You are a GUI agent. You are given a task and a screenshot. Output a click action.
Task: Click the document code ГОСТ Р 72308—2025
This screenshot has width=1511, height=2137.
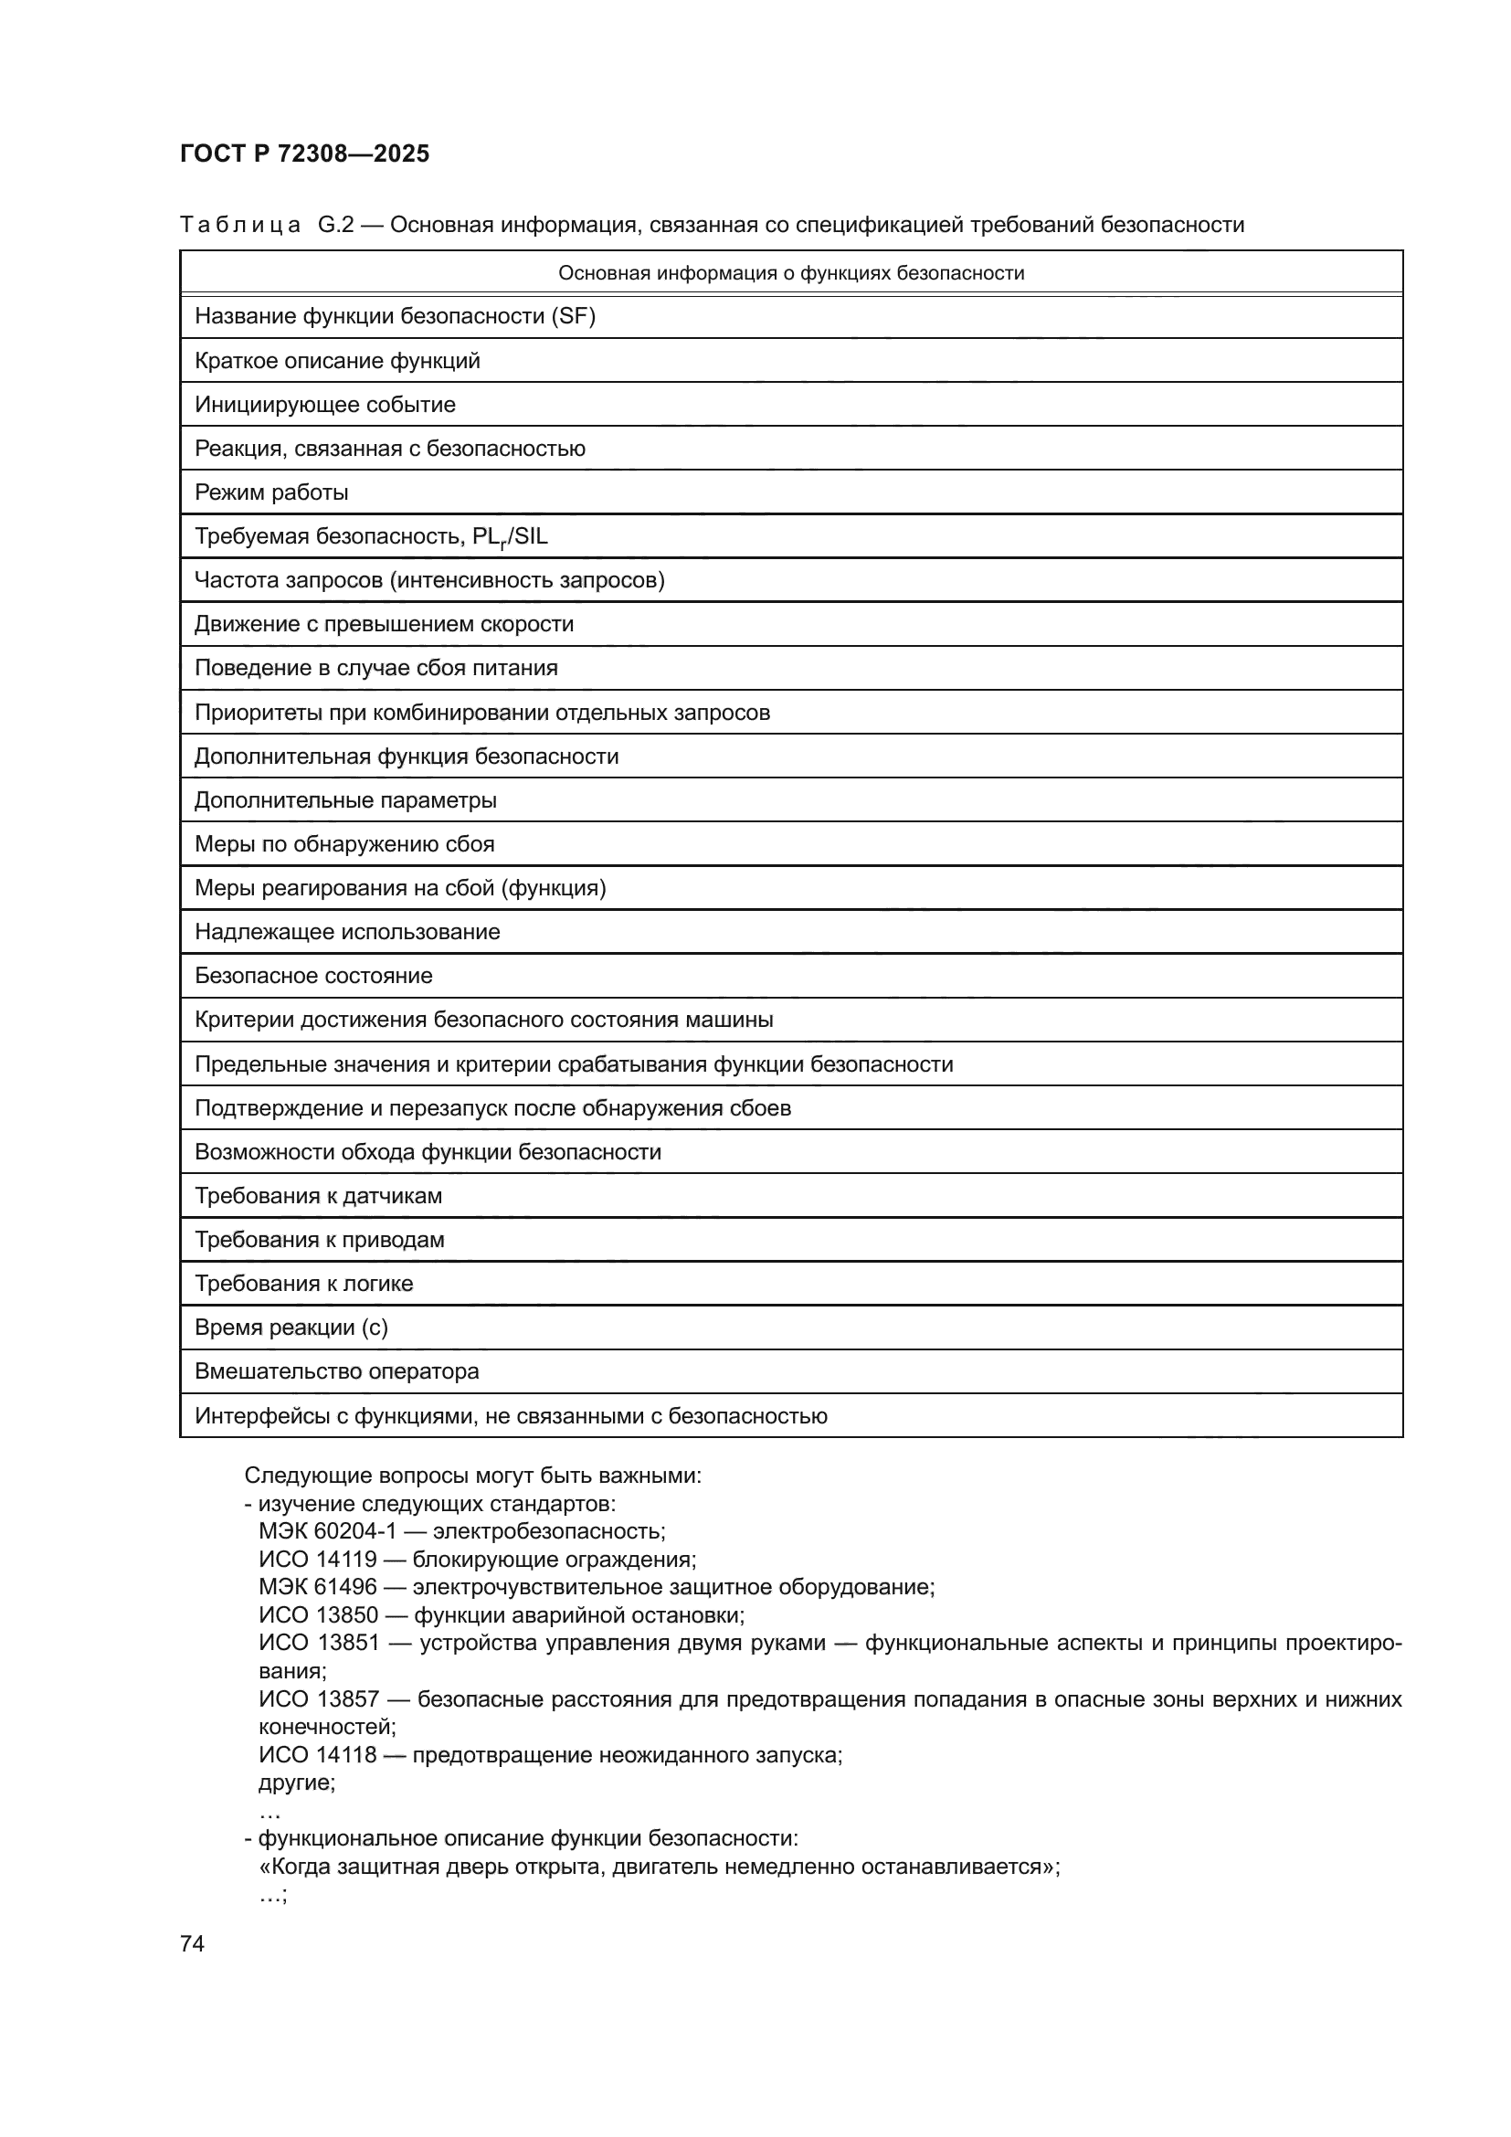(x=304, y=153)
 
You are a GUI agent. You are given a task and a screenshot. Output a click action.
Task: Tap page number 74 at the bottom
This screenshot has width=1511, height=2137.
(x=192, y=1943)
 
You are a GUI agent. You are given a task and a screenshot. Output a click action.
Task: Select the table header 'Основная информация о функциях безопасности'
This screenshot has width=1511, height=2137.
(x=791, y=272)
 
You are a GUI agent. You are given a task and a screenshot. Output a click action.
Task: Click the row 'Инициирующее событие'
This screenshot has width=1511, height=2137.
(x=324, y=405)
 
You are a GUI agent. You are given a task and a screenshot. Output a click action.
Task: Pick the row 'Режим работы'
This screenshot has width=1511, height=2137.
(x=270, y=492)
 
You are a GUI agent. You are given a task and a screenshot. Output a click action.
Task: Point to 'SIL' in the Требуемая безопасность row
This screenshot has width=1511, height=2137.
(x=531, y=536)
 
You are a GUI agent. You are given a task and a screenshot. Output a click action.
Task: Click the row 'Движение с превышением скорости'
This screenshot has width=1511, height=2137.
(x=384, y=624)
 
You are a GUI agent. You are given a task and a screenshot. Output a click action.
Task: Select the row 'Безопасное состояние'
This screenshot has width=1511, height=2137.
(x=313, y=976)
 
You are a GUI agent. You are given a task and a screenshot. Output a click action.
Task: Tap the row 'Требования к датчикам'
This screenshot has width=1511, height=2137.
(x=318, y=1195)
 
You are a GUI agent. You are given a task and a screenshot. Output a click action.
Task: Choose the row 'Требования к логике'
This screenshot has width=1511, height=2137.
(x=303, y=1284)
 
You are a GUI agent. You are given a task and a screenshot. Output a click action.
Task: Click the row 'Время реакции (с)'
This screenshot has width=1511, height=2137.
(x=291, y=1328)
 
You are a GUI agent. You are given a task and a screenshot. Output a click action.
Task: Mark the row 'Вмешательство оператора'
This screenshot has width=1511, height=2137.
(x=337, y=1371)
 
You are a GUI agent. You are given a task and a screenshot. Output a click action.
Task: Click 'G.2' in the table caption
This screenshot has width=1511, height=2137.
(x=336, y=225)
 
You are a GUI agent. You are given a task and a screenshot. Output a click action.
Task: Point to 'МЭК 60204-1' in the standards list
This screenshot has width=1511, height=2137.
(x=328, y=1531)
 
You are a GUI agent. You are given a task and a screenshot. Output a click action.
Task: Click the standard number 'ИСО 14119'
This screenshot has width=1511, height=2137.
(x=318, y=1559)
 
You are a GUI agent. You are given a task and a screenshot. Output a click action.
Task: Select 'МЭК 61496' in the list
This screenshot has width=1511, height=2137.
(x=318, y=1587)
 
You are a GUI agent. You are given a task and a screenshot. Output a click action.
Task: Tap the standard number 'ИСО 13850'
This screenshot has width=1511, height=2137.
(x=318, y=1614)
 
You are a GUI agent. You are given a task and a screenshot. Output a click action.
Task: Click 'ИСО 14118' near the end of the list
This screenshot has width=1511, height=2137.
(x=318, y=1754)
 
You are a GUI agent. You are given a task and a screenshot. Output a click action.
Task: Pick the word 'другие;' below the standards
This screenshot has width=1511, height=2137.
(x=297, y=1783)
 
